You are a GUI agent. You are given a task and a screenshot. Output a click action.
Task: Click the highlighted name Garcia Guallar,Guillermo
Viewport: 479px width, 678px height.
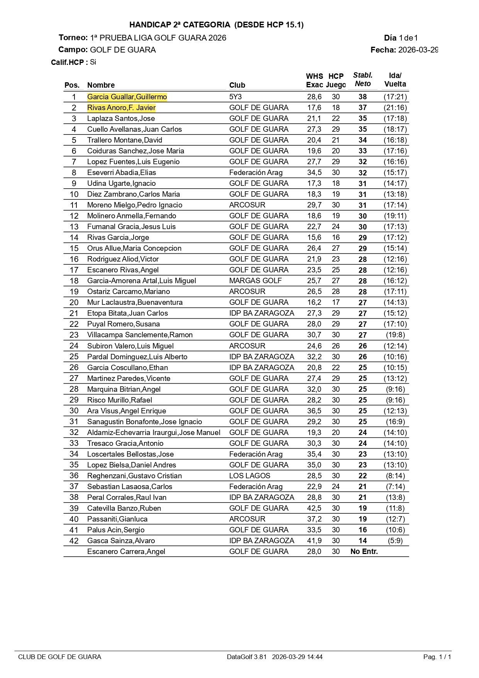pyautogui.click(x=127, y=97)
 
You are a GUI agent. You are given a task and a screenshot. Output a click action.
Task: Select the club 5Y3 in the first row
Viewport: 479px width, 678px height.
pyautogui.click(x=235, y=97)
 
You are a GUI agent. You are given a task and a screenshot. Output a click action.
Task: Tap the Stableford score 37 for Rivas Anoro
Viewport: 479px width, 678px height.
pyautogui.click(x=362, y=107)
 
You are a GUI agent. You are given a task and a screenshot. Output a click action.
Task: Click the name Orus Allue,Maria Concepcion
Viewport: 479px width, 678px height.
pyautogui.click(x=134, y=248)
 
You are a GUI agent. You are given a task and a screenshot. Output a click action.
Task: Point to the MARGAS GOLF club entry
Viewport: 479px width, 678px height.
pyautogui.click(x=255, y=280)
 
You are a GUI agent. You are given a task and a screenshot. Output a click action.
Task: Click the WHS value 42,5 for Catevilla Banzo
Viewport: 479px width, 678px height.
pyautogui.click(x=314, y=508)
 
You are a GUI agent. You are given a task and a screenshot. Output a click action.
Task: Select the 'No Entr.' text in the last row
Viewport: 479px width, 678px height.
pyautogui.click(x=364, y=551)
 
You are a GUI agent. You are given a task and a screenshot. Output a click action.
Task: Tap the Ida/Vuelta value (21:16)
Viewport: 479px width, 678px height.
pyautogui.click(x=395, y=107)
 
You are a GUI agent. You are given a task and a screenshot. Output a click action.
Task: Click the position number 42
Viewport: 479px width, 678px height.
pyautogui.click(x=74, y=540)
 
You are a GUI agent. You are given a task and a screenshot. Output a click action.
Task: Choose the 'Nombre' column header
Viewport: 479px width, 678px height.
pyautogui.click(x=101, y=85)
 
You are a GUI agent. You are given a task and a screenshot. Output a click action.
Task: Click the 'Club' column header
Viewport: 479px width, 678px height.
pyautogui.click(x=237, y=85)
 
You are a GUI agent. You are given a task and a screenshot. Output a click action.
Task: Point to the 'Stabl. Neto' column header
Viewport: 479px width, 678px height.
pyautogui.click(x=363, y=80)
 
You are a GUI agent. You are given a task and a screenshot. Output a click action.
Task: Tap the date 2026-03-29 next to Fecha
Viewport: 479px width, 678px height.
pyautogui.click(x=418, y=50)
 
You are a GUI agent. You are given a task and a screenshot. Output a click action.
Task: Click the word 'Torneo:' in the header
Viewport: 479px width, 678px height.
pyautogui.click(x=73, y=37)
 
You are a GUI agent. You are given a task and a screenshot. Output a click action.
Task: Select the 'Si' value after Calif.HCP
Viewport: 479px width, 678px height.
pyautogui.click(x=93, y=62)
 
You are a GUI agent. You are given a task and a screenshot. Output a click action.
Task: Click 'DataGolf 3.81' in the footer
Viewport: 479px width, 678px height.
pyautogui.click(x=247, y=657)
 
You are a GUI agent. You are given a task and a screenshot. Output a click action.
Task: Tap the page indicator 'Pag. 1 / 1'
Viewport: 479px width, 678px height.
pyautogui.click(x=437, y=657)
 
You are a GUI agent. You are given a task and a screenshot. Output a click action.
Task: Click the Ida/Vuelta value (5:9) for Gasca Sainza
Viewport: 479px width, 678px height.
pyautogui.click(x=395, y=540)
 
